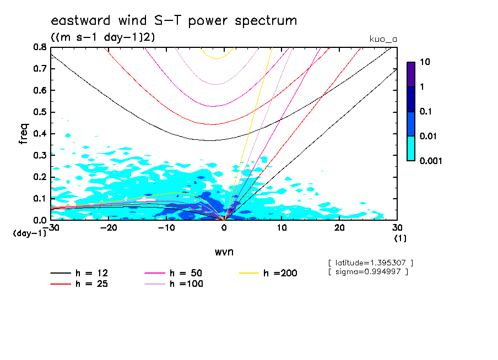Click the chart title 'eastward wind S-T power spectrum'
(174, 21)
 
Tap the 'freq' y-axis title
(23, 133)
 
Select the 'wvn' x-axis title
(223, 252)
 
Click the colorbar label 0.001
(431, 161)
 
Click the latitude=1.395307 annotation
(370, 263)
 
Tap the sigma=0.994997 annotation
(367, 272)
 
